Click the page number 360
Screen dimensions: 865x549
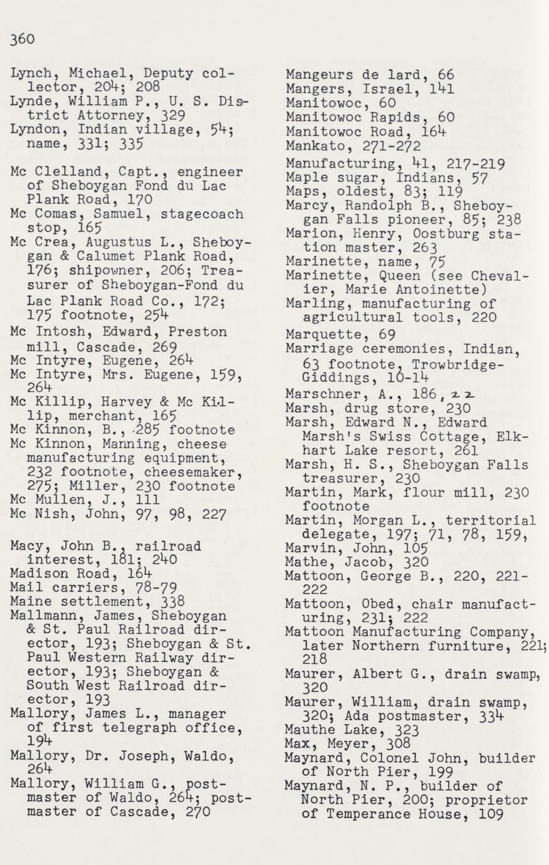pos(23,39)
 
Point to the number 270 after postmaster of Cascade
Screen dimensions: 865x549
pos(188,812)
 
